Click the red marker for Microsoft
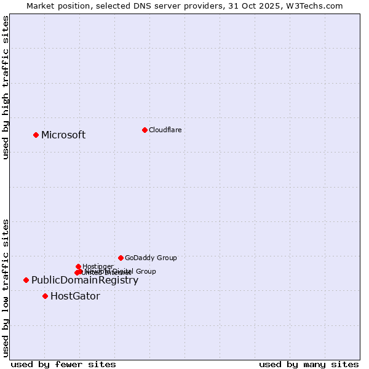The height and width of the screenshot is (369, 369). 36,135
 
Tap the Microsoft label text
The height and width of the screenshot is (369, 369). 63,135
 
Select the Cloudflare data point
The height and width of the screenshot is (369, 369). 145,130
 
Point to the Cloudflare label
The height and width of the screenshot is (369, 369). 165,130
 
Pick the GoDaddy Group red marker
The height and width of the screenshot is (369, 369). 121,258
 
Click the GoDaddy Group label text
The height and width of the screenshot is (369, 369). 151,258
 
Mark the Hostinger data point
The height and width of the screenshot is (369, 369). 78,266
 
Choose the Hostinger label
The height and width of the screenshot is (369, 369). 98,266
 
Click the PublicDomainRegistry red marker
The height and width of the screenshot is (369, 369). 26,280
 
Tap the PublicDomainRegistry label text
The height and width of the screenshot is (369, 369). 85,280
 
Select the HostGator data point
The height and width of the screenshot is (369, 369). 45,296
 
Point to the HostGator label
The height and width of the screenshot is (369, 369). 75,296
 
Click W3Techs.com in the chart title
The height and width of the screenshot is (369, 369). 320,6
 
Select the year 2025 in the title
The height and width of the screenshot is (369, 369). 279,6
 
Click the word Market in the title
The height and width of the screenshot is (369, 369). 41,6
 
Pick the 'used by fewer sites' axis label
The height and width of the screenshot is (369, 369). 63,364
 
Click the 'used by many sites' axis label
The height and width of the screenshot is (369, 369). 309,364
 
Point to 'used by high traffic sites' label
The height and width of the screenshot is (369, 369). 6,87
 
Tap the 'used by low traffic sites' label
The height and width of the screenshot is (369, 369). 6,288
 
